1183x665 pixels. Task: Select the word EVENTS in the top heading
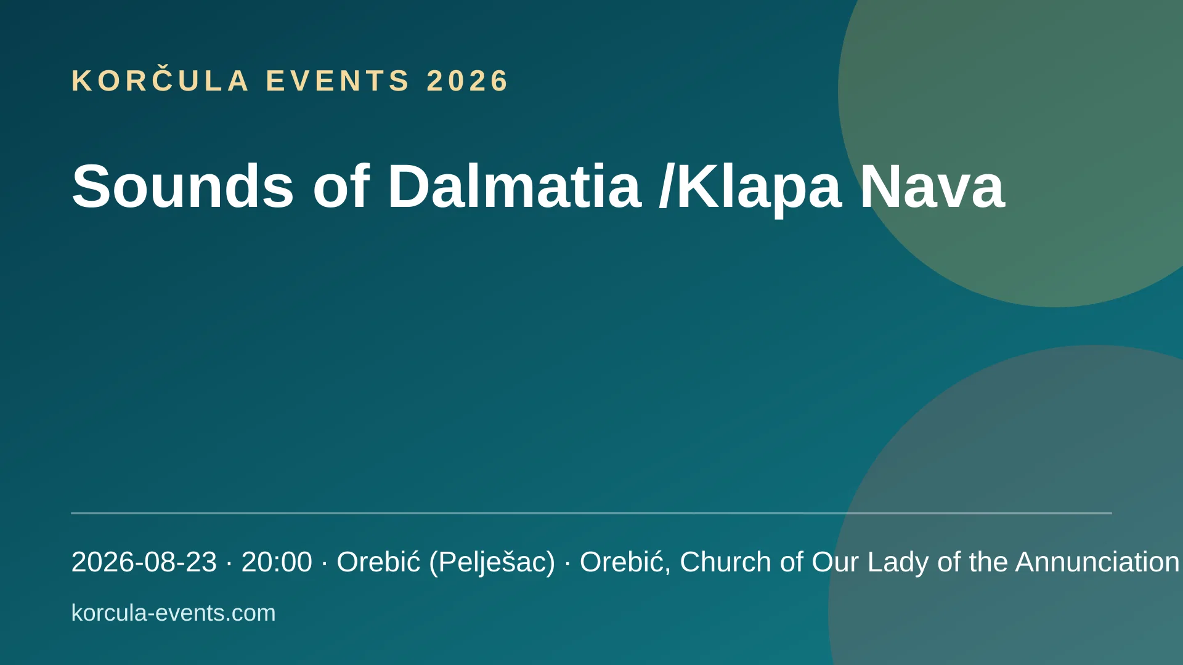click(x=338, y=81)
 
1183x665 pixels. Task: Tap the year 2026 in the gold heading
click(x=468, y=81)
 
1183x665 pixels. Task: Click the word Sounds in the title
click(x=183, y=186)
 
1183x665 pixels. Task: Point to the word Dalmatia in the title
click(x=514, y=186)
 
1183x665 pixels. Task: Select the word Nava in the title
click(x=932, y=186)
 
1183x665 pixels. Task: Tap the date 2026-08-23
click(x=144, y=562)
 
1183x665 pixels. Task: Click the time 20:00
click(x=277, y=562)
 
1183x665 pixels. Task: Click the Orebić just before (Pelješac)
click(x=378, y=561)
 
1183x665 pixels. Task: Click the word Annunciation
click(x=1097, y=562)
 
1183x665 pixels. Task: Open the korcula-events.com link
click(x=174, y=613)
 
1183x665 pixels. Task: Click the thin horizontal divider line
click(x=591, y=513)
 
